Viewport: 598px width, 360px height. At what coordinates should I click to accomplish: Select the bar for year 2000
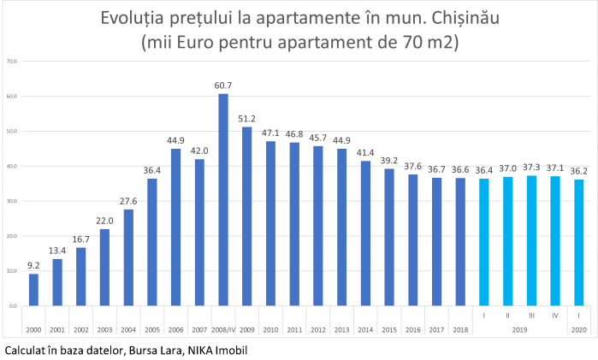pyautogui.click(x=33, y=289)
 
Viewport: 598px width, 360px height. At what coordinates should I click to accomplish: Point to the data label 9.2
pyautogui.click(x=33, y=266)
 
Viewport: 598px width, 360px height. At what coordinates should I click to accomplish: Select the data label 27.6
pyautogui.click(x=128, y=202)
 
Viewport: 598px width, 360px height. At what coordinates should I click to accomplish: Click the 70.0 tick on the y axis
pyautogui.click(x=12, y=61)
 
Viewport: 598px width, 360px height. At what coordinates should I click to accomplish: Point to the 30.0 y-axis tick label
pyautogui.click(x=12, y=201)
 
